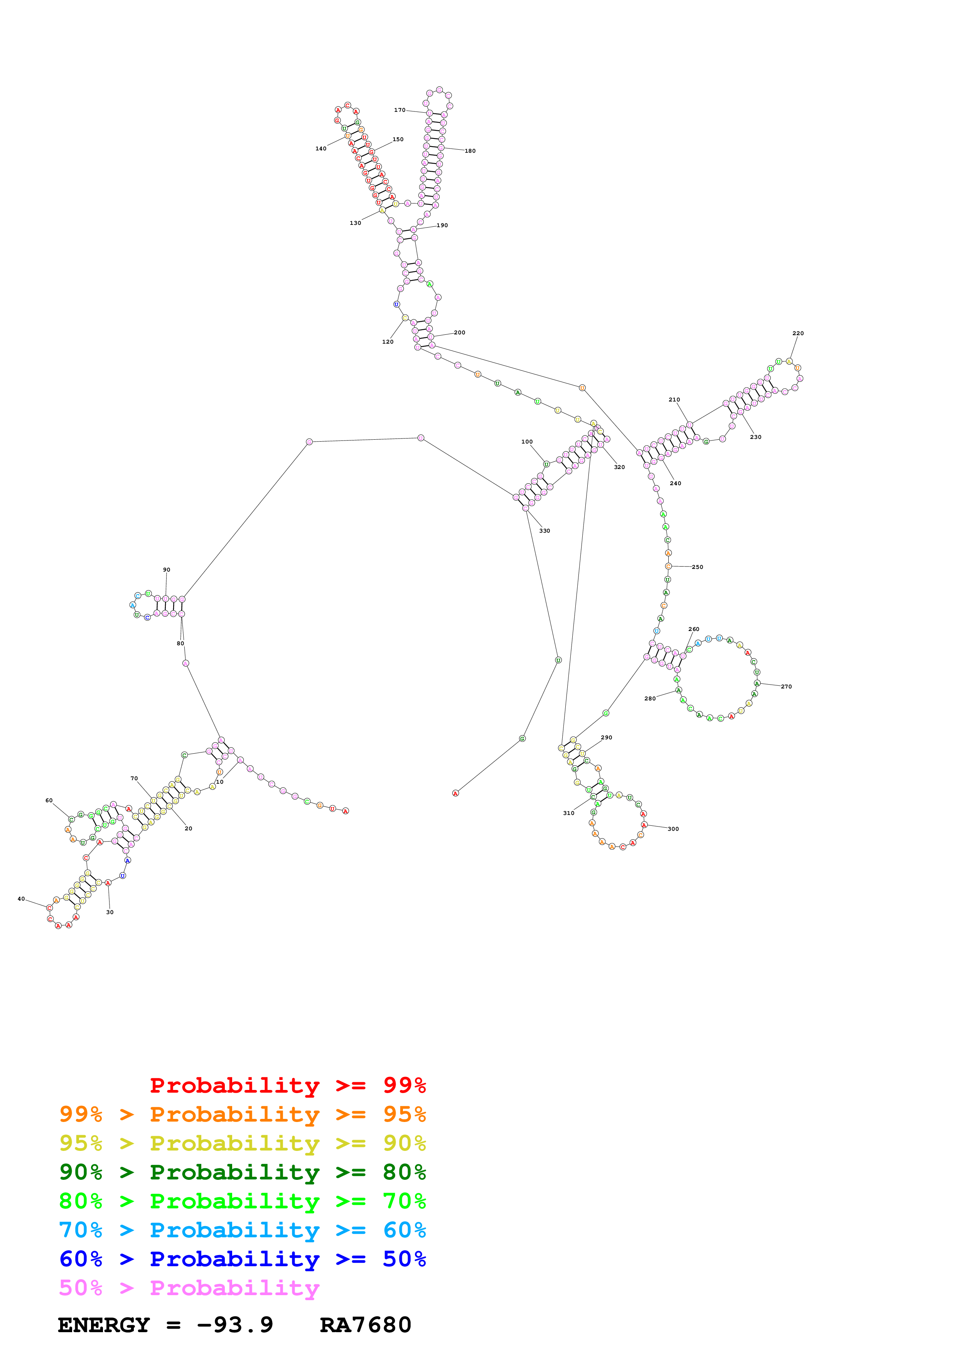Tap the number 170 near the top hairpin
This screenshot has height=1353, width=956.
coord(400,110)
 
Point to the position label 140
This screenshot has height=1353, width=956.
coord(320,148)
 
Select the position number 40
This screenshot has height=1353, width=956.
coord(21,899)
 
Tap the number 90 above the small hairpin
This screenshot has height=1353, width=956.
coord(167,570)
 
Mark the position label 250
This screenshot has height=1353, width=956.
coord(697,567)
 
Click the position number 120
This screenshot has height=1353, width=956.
coord(388,342)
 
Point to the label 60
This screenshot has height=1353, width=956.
coord(49,800)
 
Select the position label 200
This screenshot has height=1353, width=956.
coord(459,332)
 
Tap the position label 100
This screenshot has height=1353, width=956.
coord(527,441)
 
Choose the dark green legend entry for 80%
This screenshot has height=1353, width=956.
coord(242,1172)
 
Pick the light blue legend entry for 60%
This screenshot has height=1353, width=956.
coord(242,1230)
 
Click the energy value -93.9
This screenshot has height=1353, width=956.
coord(235,1325)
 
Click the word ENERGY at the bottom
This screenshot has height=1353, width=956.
coord(104,1325)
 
